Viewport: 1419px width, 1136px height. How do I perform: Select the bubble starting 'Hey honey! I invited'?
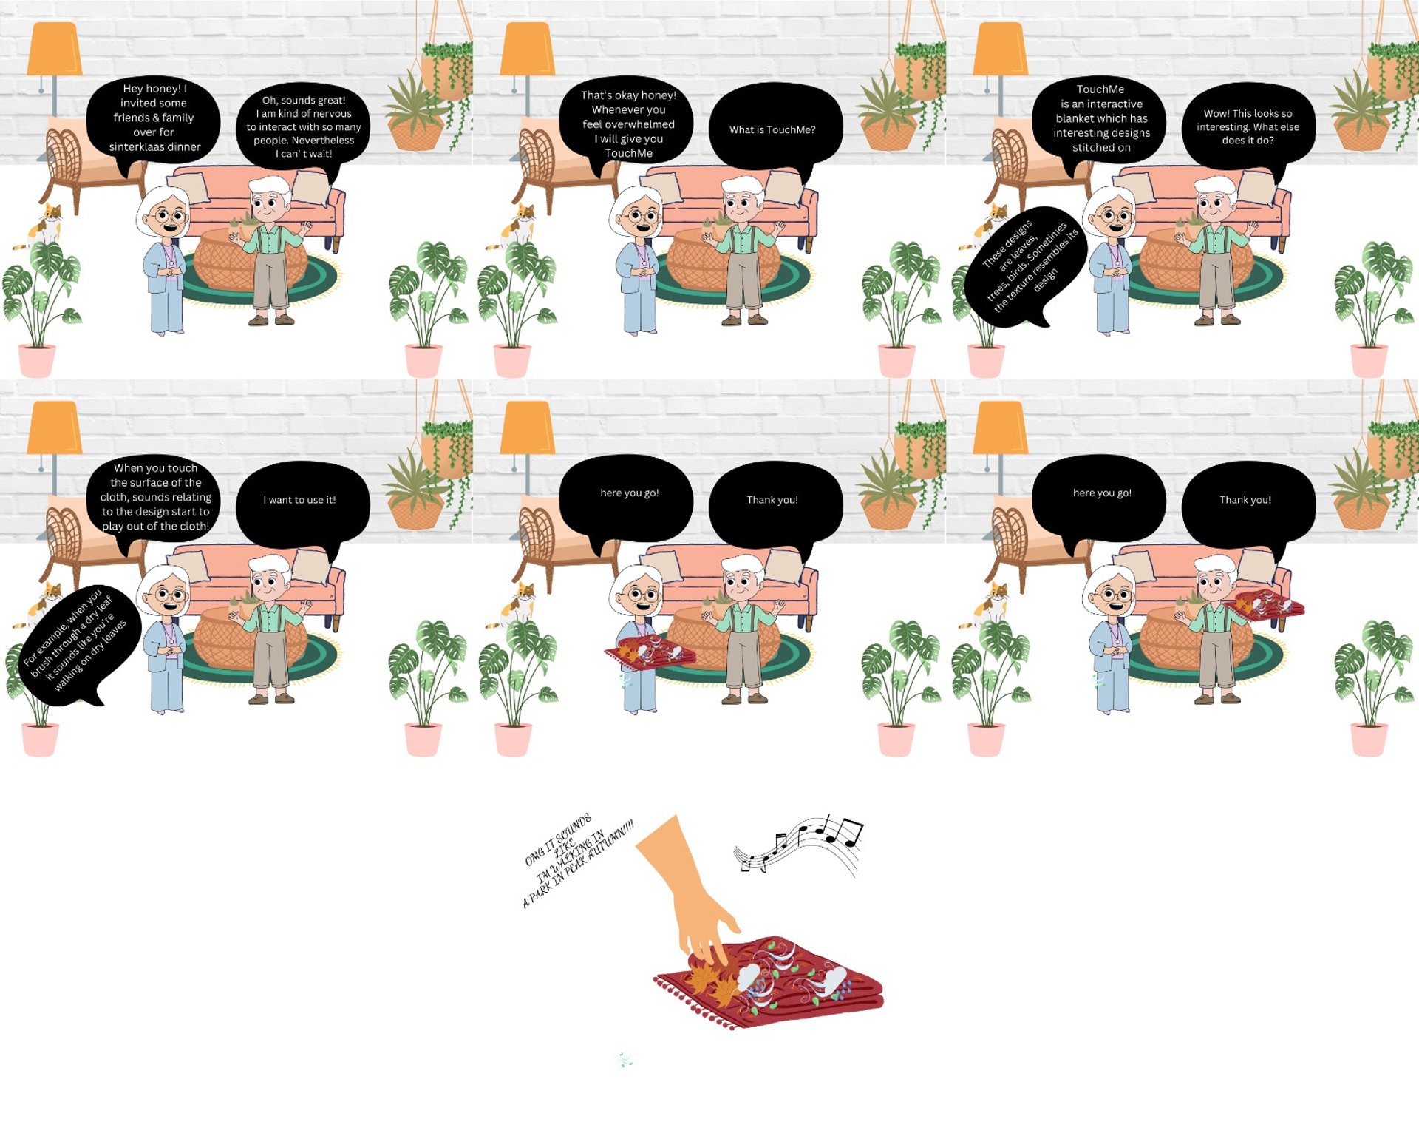coord(153,118)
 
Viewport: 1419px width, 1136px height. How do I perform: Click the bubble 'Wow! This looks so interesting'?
coord(1248,127)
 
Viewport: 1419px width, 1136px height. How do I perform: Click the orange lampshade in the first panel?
coord(54,49)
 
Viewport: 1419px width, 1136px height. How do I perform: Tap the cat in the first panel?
coord(44,226)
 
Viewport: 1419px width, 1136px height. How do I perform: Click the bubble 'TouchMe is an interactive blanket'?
coord(1100,118)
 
